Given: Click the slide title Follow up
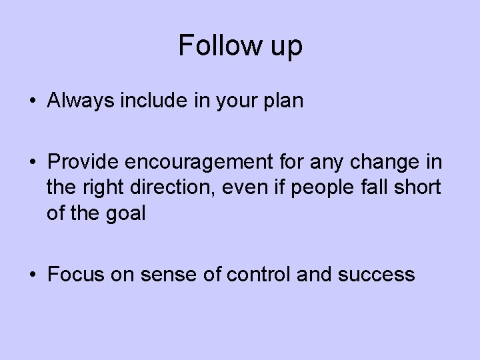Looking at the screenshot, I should click(x=240, y=46).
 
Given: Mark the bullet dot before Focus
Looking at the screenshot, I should click(x=33, y=274).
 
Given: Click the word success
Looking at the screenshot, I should click(x=378, y=274).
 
